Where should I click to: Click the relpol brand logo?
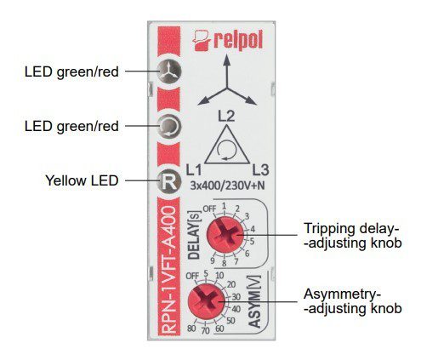tap(227, 41)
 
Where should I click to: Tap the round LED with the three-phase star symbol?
tap(169, 71)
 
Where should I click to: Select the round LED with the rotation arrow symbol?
tap(169, 127)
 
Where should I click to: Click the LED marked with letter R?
tap(169, 181)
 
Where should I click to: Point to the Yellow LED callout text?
tap(82, 180)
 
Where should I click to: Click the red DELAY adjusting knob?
tap(225, 235)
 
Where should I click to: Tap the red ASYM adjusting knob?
tap(206, 301)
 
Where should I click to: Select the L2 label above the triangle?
tap(226, 117)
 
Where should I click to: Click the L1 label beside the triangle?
tap(194, 170)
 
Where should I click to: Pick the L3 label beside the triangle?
tap(260, 170)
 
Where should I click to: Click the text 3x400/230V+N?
tap(227, 186)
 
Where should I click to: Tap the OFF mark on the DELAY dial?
tap(209, 209)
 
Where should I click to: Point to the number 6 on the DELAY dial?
tap(247, 254)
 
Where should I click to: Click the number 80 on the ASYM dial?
tap(191, 329)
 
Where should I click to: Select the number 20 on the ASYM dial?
tap(231, 284)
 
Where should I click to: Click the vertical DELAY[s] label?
tap(194, 235)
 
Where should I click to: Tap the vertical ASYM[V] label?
tap(254, 302)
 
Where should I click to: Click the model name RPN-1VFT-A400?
tap(170, 270)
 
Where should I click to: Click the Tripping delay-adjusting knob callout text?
tap(353, 236)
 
